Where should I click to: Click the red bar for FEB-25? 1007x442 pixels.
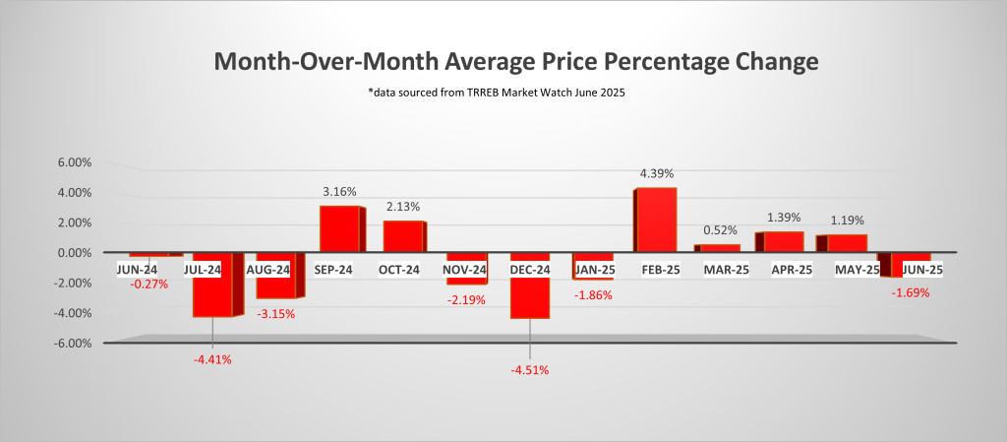[656, 220]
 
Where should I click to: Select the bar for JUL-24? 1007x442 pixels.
[212, 290]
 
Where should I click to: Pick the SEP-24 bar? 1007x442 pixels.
[340, 228]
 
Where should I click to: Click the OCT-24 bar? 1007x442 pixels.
[402, 236]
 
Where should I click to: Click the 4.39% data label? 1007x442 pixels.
[656, 174]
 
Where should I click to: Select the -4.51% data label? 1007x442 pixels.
[529, 371]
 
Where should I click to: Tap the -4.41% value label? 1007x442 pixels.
[212, 359]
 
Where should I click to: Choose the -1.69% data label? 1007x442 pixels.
[910, 292]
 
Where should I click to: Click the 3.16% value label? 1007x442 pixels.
[338, 192]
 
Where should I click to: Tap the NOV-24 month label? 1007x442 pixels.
[465, 270]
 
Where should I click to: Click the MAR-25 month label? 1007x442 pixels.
[722, 270]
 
